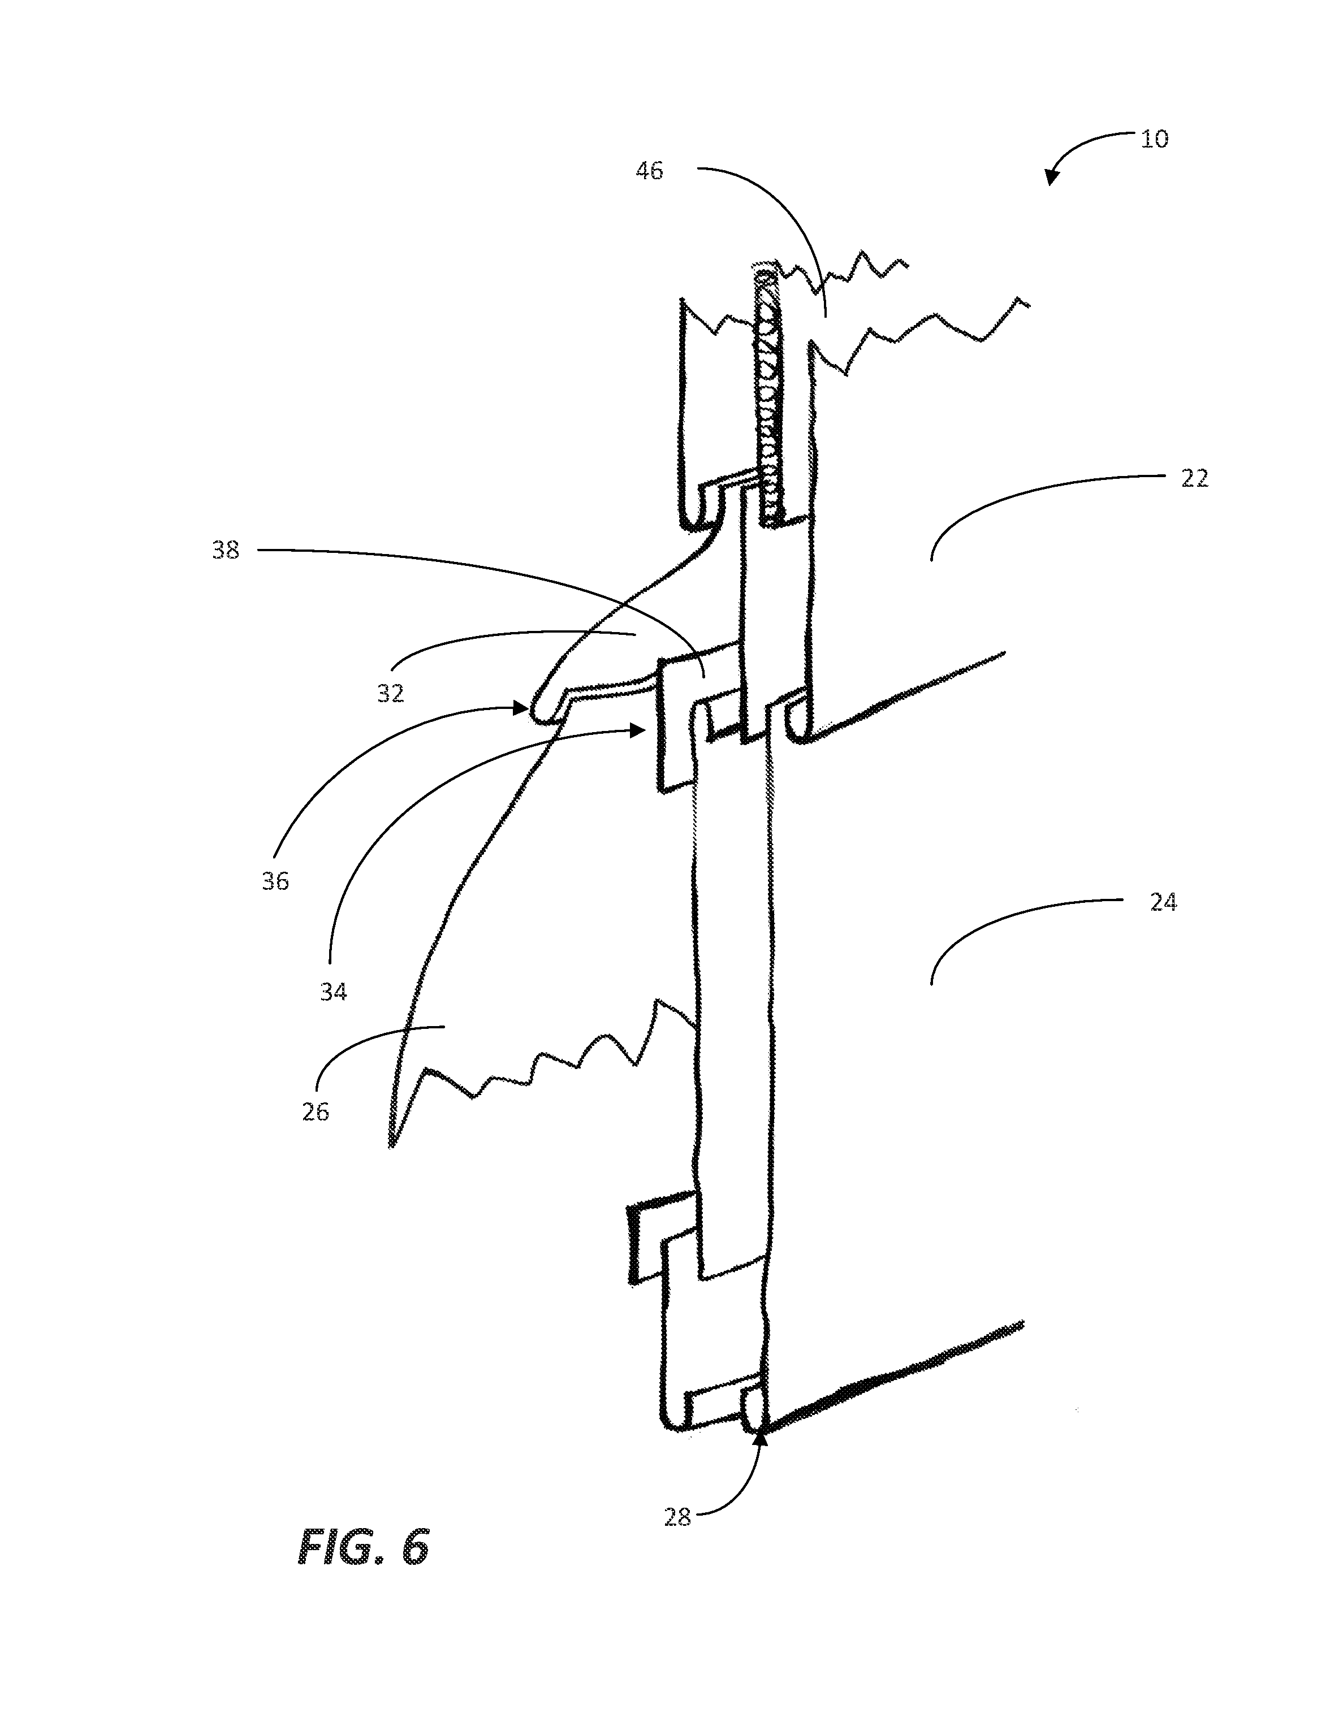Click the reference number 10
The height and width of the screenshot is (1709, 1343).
[1154, 139]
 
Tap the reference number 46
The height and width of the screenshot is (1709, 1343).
[650, 171]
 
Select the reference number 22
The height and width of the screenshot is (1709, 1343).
[1194, 478]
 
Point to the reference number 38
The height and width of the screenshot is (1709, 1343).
[226, 550]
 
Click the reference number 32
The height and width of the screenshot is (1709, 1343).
[390, 693]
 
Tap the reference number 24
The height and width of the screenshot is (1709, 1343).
[1163, 902]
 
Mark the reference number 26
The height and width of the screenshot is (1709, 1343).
[316, 1111]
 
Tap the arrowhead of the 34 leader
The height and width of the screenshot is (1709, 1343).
[638, 730]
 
